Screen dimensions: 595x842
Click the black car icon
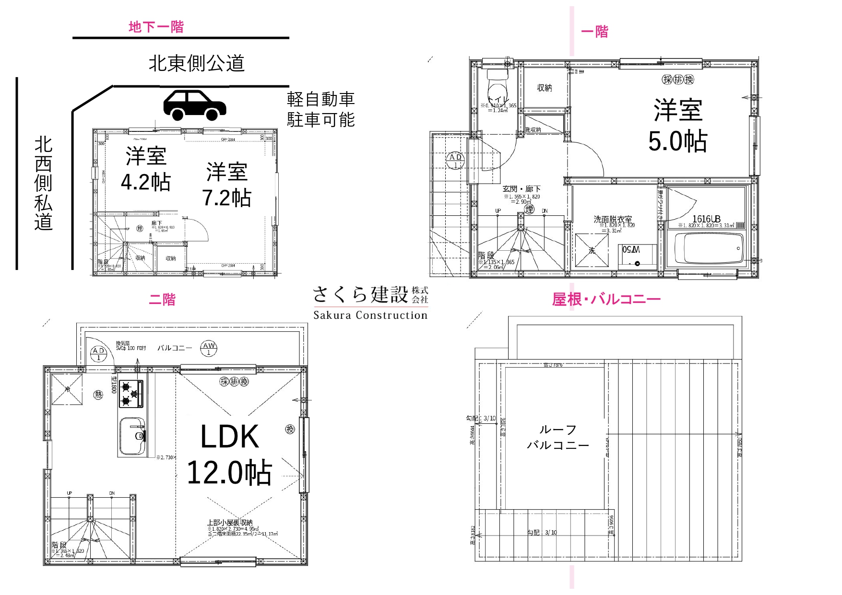pyautogui.click(x=194, y=105)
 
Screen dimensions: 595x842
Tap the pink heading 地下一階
pyautogui.click(x=156, y=27)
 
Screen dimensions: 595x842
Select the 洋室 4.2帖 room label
pyautogui.click(x=146, y=169)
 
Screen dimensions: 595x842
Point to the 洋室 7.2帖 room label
pyautogui.click(x=226, y=185)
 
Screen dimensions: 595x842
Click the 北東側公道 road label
pyautogui.click(x=196, y=63)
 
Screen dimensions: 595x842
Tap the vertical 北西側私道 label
pyautogui.click(x=43, y=183)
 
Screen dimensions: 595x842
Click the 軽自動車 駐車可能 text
pyautogui.click(x=320, y=109)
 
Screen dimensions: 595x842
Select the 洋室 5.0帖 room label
pyautogui.click(x=677, y=126)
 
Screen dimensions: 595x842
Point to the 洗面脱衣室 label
pyautogui.click(x=613, y=219)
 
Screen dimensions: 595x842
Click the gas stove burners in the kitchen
pyautogui.click(x=131, y=394)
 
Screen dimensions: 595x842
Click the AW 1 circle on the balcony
pyautogui.click(x=209, y=349)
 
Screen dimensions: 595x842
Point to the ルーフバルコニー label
pyautogui.click(x=557, y=437)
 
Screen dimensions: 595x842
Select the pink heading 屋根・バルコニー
pyautogui.click(x=606, y=300)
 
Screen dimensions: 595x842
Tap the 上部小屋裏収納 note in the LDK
pyautogui.click(x=230, y=523)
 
